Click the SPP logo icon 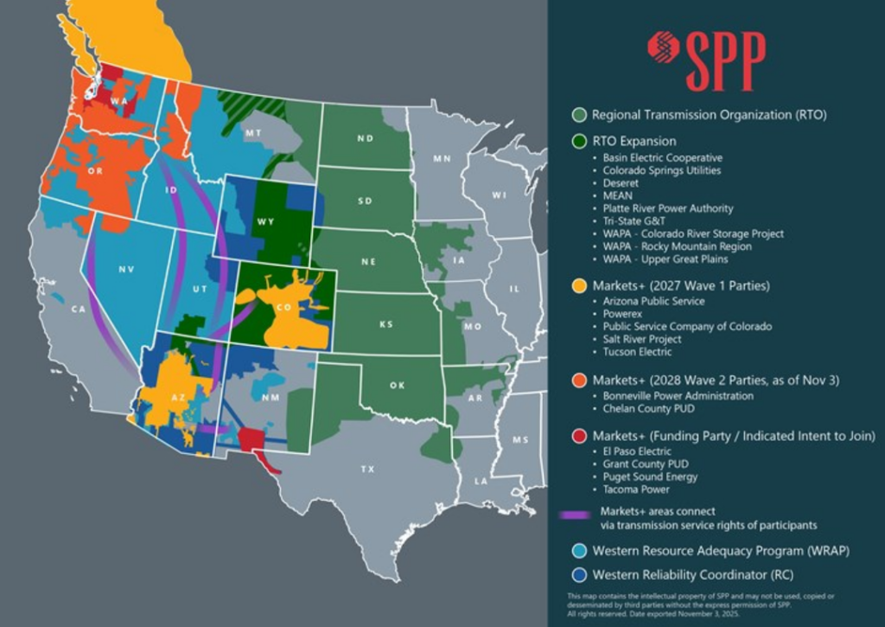click(x=664, y=48)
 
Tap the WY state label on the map click(x=266, y=221)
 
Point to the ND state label click(x=364, y=138)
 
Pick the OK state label click(x=397, y=385)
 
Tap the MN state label click(x=442, y=158)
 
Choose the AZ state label click(x=179, y=397)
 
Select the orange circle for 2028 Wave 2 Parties click(x=579, y=381)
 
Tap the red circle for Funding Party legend click(x=579, y=435)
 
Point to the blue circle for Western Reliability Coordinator click(x=579, y=575)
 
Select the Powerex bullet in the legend click(x=625, y=314)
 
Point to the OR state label click(x=95, y=170)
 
